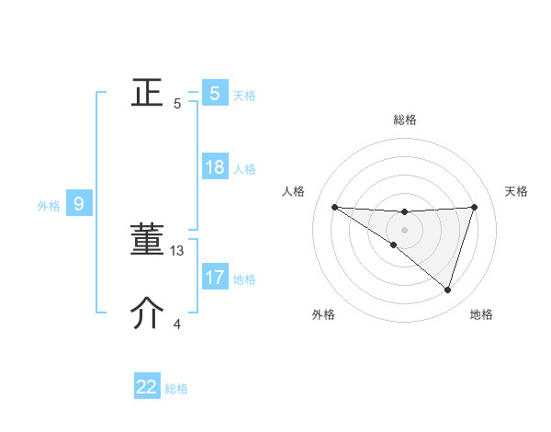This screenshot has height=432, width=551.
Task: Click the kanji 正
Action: pos(148,92)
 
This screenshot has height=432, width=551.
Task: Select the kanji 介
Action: pos(148,313)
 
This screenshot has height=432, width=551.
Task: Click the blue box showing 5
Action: pos(215,93)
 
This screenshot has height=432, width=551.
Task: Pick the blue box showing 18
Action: pos(215,167)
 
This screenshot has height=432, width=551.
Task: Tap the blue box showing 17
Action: pos(215,277)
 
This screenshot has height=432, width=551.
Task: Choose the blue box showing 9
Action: pos(79,204)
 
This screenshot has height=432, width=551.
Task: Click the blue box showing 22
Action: pos(147,387)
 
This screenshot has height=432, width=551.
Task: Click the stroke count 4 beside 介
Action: pos(177,324)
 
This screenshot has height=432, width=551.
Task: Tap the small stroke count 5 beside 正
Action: pos(177,103)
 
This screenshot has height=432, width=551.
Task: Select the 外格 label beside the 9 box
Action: pos(49,206)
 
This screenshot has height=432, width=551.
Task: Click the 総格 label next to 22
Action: pos(176,389)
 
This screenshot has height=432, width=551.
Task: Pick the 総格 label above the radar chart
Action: pos(404,119)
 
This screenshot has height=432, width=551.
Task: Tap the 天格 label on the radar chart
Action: pos(516,191)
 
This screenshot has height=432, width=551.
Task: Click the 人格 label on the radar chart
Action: pos(293,191)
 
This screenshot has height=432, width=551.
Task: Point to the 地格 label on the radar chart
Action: pos(481,314)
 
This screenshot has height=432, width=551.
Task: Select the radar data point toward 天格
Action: pos(474,207)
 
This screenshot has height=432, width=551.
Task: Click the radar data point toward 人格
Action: pos(334,207)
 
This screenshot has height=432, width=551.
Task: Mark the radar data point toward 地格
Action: pos(447,290)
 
